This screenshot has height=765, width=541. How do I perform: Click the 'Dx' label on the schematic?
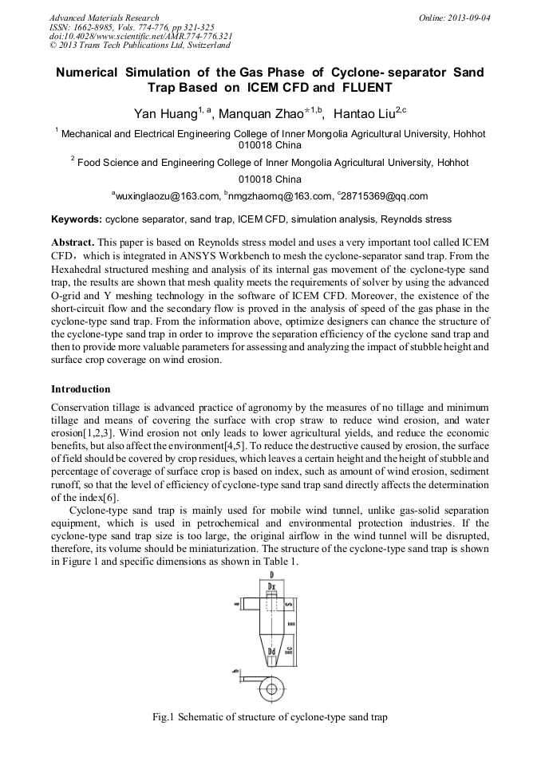point(271,587)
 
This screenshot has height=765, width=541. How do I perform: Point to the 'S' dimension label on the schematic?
point(288,604)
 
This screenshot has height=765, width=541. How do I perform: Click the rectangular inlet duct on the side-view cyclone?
point(248,604)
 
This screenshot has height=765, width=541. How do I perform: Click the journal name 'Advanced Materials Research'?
point(104,18)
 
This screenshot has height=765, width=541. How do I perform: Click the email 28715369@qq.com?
point(385,196)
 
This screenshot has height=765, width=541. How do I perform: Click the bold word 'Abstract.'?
point(73,242)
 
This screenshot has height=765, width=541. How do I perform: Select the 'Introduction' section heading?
point(81,389)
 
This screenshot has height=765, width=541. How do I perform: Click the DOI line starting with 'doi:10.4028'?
point(140,36)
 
